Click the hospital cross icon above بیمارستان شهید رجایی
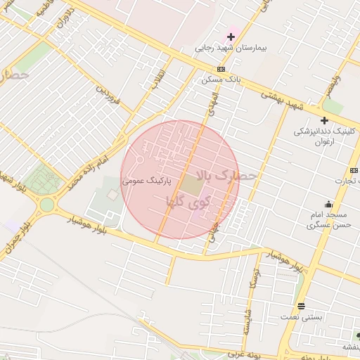click(x=231, y=37)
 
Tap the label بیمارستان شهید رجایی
click(x=229, y=50)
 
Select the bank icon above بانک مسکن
click(x=221, y=69)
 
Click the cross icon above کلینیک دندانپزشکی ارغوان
click(x=324, y=120)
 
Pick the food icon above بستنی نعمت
click(x=301, y=305)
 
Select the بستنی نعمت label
click(x=304, y=317)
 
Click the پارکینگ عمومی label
click(x=147, y=181)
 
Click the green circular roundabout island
click(x=47, y=205)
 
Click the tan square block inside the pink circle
click(x=191, y=186)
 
